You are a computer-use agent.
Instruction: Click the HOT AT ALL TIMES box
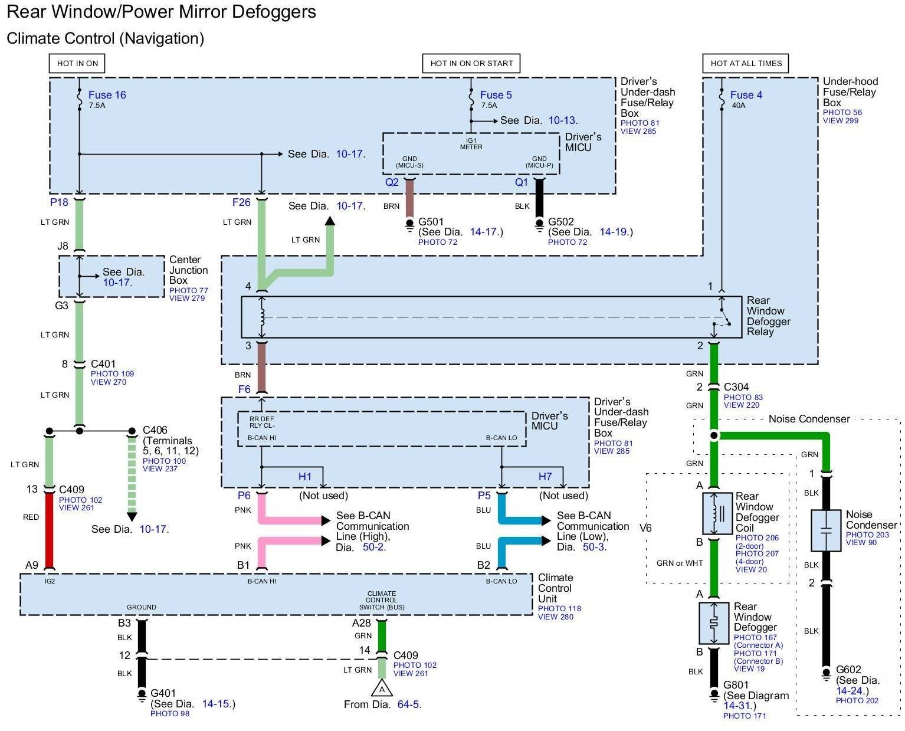tap(745, 64)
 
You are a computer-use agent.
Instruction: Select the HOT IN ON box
tap(77, 64)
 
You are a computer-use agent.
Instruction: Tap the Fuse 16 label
tap(107, 95)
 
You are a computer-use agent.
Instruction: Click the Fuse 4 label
tap(746, 95)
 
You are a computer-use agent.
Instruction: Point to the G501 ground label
tap(431, 222)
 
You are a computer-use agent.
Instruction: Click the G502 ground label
tap(560, 222)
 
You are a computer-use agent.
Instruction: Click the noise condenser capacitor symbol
tap(826, 530)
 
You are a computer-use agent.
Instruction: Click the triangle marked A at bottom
tap(382, 689)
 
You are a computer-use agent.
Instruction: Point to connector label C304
tap(736, 387)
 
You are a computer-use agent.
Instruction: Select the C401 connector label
tap(103, 364)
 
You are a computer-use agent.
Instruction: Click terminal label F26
tap(241, 202)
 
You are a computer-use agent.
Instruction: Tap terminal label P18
tap(59, 202)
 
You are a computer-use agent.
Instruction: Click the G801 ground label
tap(736, 685)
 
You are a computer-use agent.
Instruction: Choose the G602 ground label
tap(848, 670)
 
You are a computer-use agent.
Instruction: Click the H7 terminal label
tap(545, 477)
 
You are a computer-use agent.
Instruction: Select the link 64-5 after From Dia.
tap(409, 704)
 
